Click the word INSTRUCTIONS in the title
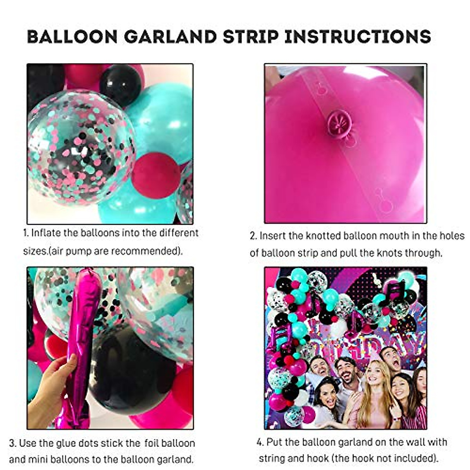tap(357, 36)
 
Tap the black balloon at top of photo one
tap(120, 84)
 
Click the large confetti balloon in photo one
tap(80, 147)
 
